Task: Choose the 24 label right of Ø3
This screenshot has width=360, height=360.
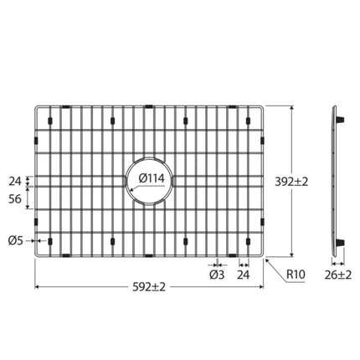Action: click(244, 274)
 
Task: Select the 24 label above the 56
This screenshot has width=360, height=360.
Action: click(14, 179)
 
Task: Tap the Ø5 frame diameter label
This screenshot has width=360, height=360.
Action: click(15, 241)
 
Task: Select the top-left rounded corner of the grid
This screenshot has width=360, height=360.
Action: click(38, 108)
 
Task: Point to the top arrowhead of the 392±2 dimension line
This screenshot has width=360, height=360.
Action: click(291, 108)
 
